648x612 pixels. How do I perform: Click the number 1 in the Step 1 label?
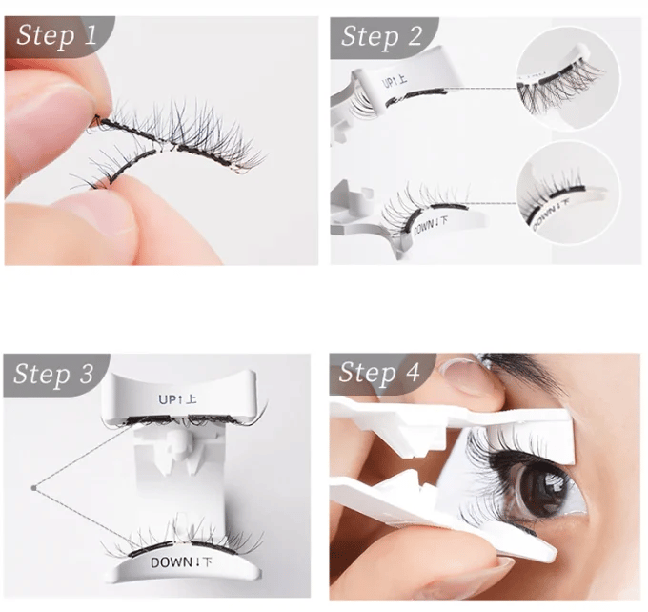[x=90, y=37]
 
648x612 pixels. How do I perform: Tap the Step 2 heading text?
[x=381, y=36]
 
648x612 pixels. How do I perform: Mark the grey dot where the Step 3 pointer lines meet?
[x=33, y=488]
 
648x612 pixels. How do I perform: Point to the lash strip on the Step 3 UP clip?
[x=181, y=418]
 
